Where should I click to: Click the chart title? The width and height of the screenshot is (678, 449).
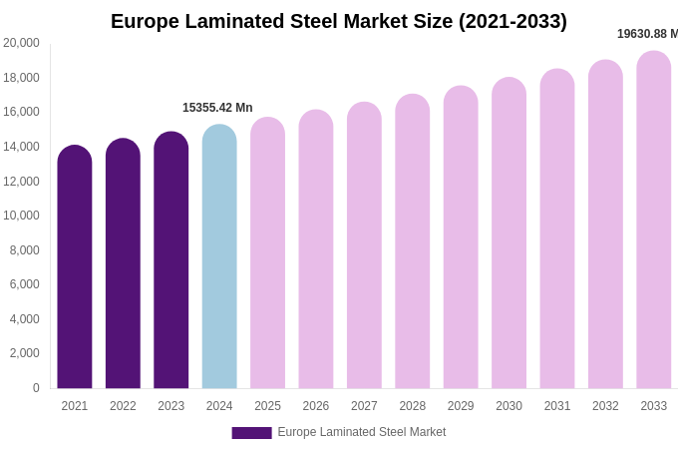[339, 21]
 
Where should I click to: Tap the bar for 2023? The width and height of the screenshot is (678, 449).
[171, 260]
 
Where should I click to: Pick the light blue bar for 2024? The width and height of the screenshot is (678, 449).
[219, 256]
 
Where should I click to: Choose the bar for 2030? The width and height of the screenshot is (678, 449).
[508, 233]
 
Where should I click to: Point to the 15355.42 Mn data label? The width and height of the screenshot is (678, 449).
[217, 108]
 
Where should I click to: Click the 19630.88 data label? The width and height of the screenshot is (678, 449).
[647, 34]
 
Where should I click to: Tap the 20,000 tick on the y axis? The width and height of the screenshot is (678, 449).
[22, 43]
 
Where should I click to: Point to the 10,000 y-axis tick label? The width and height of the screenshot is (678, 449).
[22, 216]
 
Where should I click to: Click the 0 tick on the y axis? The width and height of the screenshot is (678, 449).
[36, 388]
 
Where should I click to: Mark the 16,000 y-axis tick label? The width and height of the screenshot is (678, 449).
[22, 112]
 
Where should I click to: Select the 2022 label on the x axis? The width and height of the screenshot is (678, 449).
[123, 406]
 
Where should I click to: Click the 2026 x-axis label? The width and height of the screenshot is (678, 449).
[316, 406]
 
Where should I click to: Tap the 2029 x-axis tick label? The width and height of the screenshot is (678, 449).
[461, 406]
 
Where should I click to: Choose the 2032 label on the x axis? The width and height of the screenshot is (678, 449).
[605, 406]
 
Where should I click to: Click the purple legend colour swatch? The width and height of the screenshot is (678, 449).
[251, 433]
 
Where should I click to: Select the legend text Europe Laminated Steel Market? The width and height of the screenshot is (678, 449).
[362, 432]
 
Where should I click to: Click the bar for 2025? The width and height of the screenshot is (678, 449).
[267, 253]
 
